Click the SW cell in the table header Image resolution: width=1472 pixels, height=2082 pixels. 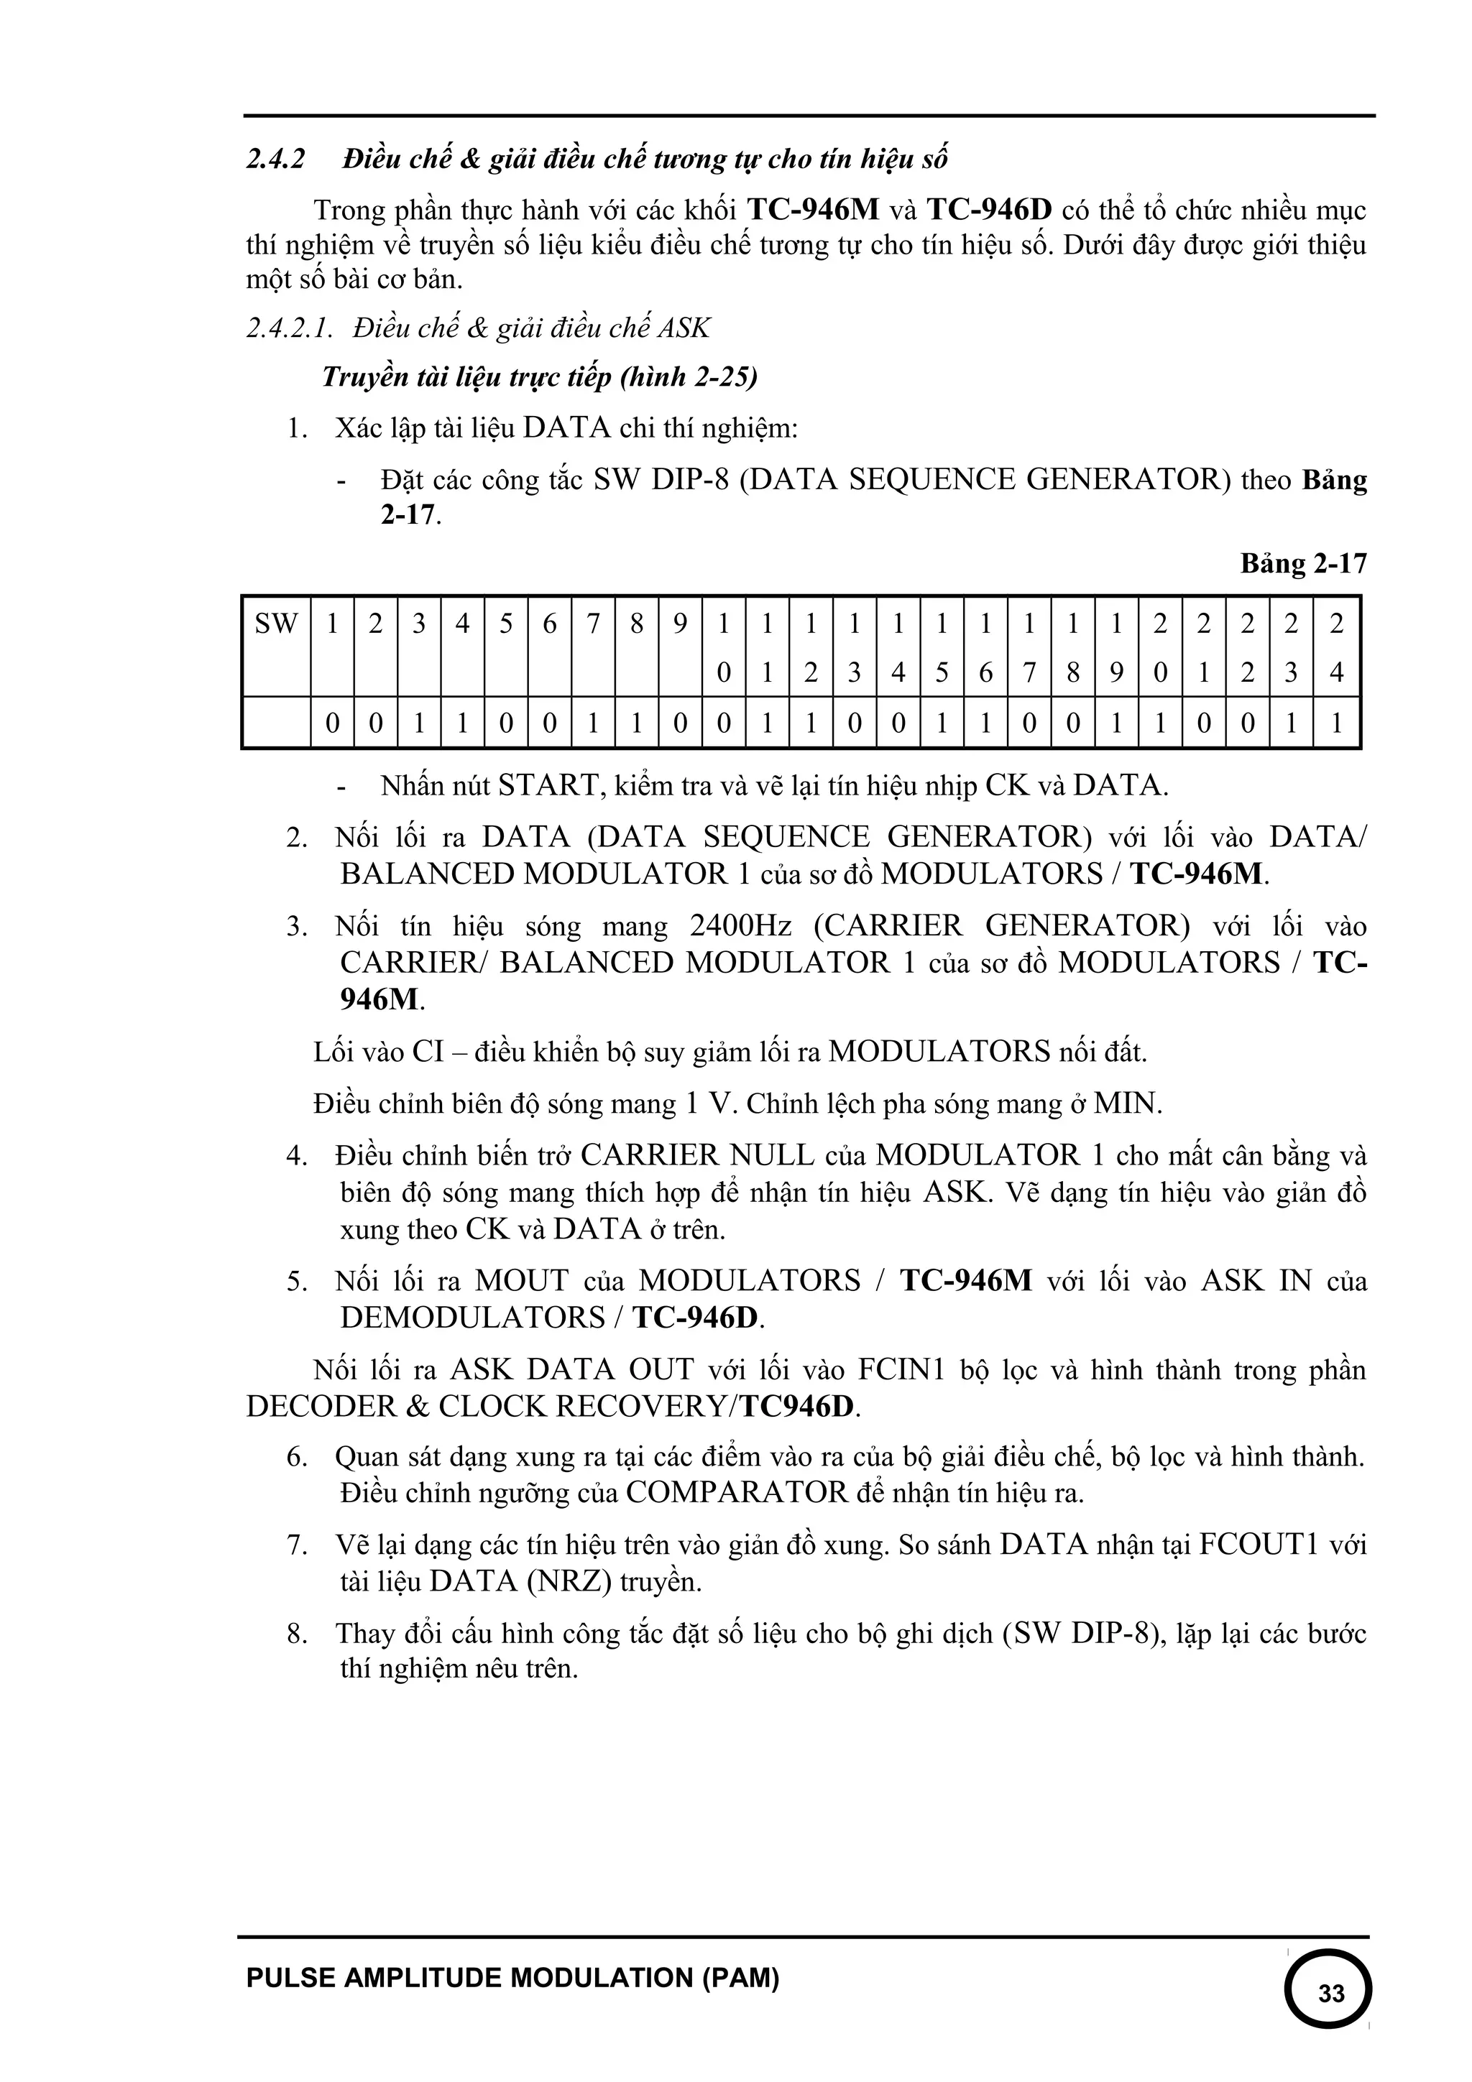(x=277, y=624)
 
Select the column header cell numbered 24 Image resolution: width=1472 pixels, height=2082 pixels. (x=1336, y=647)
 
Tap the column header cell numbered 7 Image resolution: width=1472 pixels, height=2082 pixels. (x=593, y=624)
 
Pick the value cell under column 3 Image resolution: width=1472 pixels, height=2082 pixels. (x=419, y=723)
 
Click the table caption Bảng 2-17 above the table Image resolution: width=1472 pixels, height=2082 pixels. (x=1303, y=563)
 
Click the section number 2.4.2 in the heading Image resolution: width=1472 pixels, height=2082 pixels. (x=276, y=159)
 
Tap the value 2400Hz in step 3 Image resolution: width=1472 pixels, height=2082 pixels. (x=740, y=926)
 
